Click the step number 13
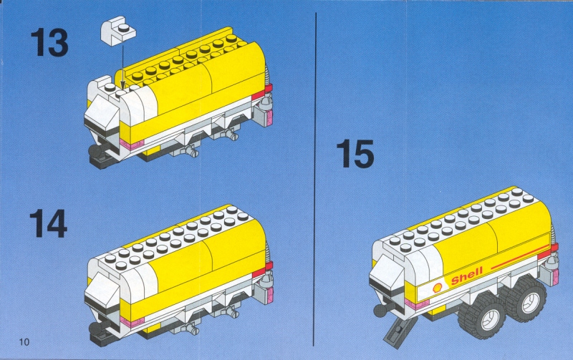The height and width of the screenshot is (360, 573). click(49, 43)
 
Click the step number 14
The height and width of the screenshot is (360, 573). click(48, 223)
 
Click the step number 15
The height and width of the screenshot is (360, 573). click(355, 154)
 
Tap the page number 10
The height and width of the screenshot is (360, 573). click(24, 341)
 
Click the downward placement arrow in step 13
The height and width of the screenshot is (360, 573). click(122, 67)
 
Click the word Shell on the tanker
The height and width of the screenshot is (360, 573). click(467, 276)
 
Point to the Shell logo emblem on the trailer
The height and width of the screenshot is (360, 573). click(438, 287)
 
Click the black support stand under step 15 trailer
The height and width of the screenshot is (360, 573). click(399, 331)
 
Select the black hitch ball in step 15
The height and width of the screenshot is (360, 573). click(382, 312)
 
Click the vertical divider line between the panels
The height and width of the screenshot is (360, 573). click(315, 179)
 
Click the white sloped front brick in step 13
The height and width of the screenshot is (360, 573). click(100, 113)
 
